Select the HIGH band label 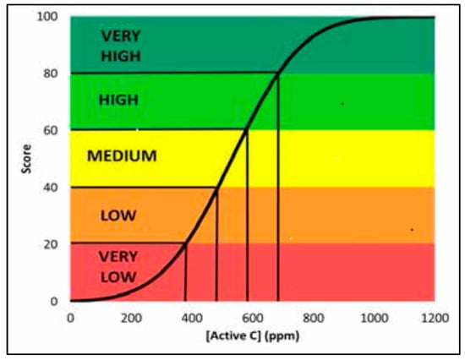tap(118, 100)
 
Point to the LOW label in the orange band tap(118, 214)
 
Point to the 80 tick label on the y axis tap(52, 74)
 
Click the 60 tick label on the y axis tap(52, 131)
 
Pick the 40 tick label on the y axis tap(52, 188)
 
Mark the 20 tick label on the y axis tap(52, 244)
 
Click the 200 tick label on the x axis tap(131, 319)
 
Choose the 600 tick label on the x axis tap(252, 319)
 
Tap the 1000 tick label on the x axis tap(373, 319)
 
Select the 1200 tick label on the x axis tap(432, 319)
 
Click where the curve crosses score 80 tap(278, 74)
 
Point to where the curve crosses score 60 tap(247, 129)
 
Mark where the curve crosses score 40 tap(216, 188)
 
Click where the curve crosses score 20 tap(185, 243)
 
